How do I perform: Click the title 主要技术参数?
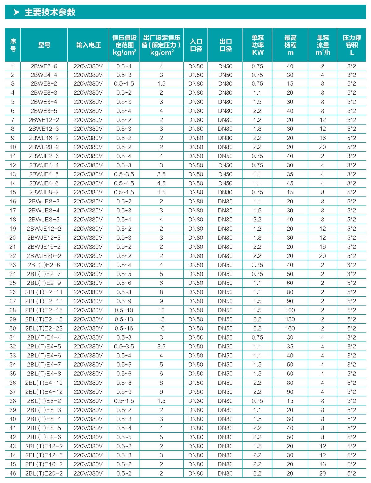click(50, 12)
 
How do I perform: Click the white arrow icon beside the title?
click(16, 12)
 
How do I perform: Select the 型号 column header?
click(44, 45)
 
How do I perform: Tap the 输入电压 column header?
click(88, 45)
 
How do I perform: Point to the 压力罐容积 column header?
click(352, 45)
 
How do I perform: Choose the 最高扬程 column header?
click(290, 45)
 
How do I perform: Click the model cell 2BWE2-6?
click(44, 66)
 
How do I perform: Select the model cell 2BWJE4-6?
click(44, 183)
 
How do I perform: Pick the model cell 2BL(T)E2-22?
click(44, 328)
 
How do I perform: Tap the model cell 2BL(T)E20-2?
click(44, 473)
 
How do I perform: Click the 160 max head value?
click(290, 328)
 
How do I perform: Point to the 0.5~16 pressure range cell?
click(124, 328)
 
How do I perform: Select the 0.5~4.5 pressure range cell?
click(124, 183)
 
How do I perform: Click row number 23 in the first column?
click(13, 265)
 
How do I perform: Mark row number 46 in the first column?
click(13, 473)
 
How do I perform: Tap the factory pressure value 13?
click(161, 319)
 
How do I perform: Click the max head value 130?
click(290, 319)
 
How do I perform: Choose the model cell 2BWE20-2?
click(44, 147)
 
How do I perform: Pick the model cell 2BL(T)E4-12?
click(44, 391)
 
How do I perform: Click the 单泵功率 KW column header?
click(258, 45)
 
